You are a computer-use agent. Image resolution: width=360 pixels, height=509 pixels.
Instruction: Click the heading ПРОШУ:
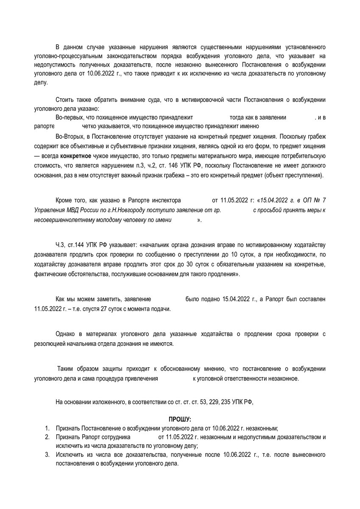click(180, 420)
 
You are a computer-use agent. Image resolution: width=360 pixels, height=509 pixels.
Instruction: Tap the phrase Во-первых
click(70, 117)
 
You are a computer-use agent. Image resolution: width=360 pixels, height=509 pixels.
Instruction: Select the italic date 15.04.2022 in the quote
click(277, 200)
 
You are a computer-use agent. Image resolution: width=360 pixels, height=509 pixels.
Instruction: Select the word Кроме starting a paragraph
click(65, 200)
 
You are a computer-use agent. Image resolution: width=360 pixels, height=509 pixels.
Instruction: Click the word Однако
click(66, 334)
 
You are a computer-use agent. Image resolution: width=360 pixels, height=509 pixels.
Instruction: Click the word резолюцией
click(50, 343)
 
